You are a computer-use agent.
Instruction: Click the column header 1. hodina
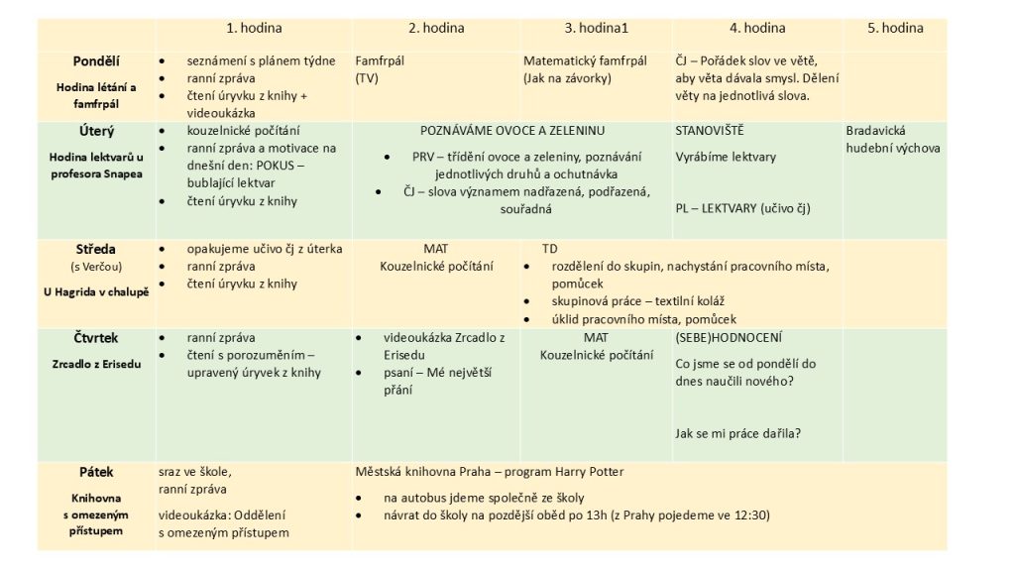[x=256, y=28]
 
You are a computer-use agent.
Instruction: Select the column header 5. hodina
[x=895, y=28]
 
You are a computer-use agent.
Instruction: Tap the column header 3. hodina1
[x=598, y=28]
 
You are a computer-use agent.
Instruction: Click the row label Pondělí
[x=97, y=61]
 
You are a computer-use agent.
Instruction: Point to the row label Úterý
[x=96, y=131]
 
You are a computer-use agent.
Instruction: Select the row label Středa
[x=96, y=249]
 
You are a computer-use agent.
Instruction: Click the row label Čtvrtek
[x=96, y=338]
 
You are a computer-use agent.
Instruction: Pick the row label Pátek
[x=96, y=472]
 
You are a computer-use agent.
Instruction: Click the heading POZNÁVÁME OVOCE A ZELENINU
[x=512, y=131]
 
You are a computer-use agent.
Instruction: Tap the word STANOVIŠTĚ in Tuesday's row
[x=710, y=131]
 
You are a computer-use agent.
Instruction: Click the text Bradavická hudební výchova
[x=893, y=140]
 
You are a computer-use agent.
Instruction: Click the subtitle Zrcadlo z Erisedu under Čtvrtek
[x=96, y=364]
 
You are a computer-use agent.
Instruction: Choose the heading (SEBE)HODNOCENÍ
[x=728, y=338]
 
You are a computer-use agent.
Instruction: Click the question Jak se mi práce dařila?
[x=737, y=433]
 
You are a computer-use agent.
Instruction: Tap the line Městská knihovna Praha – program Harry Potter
[x=490, y=472]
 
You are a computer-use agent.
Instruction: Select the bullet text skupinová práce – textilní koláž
[x=630, y=301]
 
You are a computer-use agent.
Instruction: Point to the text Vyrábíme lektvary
[x=726, y=157]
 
